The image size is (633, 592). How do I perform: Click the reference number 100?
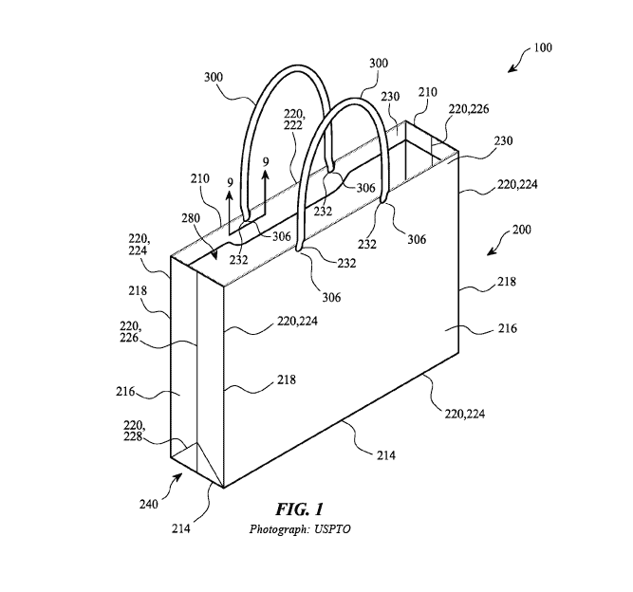coord(543,47)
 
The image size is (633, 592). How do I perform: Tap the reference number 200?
coord(522,230)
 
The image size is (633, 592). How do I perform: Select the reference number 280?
coord(191,218)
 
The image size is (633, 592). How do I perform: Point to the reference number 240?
coord(149,504)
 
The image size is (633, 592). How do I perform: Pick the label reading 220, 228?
coord(134,431)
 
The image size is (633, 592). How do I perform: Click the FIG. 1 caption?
coord(300,509)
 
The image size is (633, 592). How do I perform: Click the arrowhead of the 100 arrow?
coord(511,70)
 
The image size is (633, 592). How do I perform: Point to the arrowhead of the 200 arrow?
coord(490,253)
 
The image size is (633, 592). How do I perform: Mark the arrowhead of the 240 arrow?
coord(178,476)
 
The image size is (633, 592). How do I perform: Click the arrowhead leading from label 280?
coord(216,257)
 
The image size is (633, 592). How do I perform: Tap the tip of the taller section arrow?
coord(265,172)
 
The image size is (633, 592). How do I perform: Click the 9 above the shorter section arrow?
coord(230,183)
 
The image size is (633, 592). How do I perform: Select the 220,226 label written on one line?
coord(469,109)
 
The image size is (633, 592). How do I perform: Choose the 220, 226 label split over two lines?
coord(130,332)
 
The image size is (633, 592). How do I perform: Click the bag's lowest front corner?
coord(224,488)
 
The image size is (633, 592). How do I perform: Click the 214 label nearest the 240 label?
coord(181,528)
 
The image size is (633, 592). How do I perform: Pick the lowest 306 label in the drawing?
coord(331,297)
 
